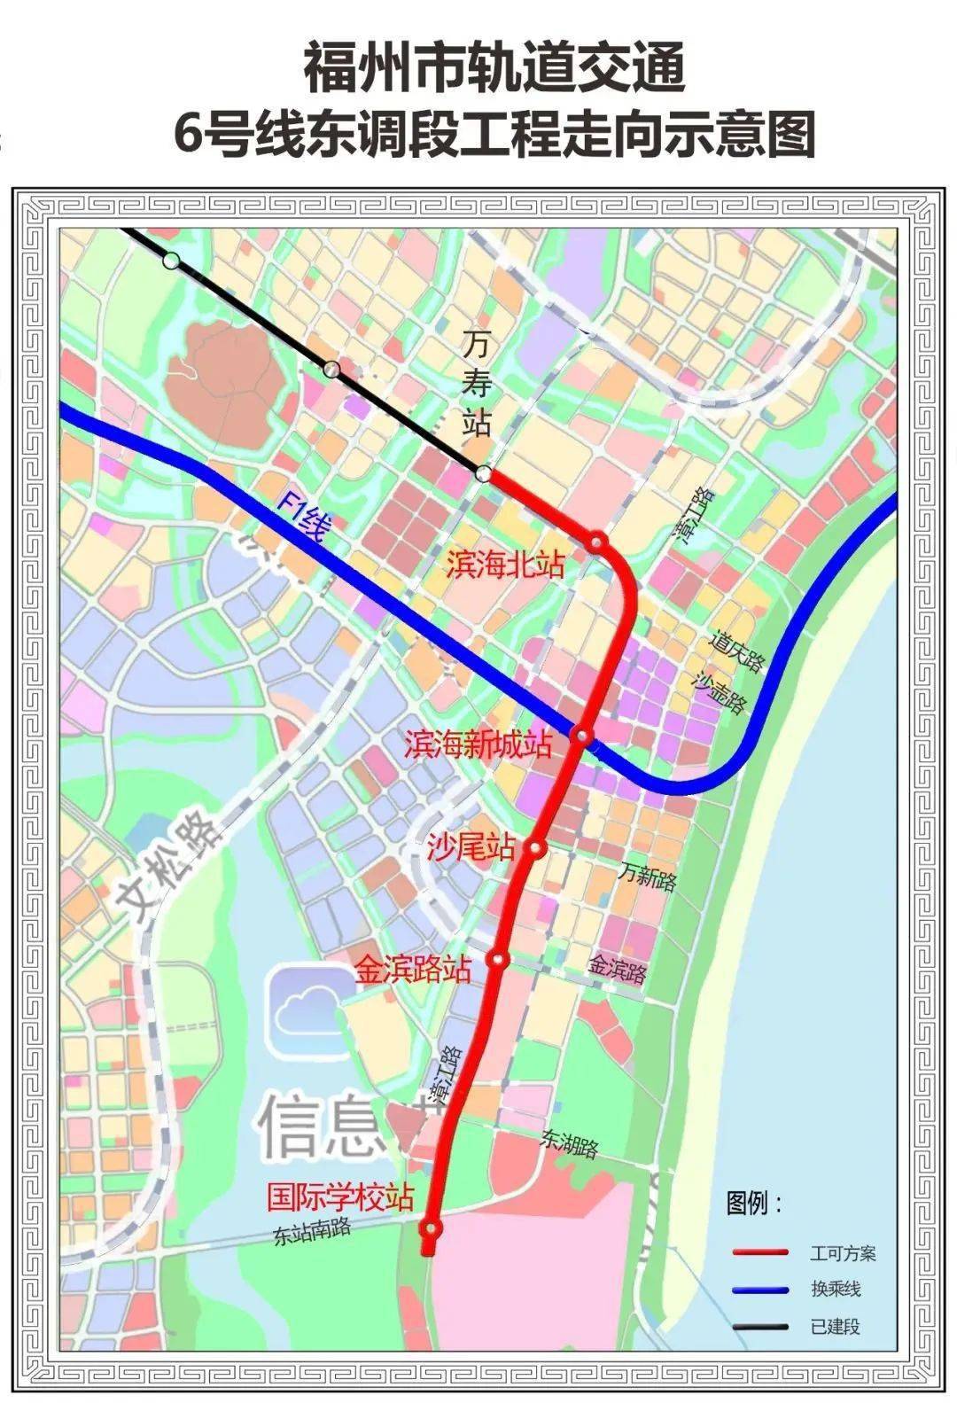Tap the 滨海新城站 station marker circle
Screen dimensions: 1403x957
point(582,735)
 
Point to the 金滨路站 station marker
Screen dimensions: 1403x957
point(498,960)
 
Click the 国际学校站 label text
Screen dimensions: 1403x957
point(340,1198)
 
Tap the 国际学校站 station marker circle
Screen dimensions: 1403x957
point(432,1228)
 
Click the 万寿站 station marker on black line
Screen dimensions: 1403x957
point(483,474)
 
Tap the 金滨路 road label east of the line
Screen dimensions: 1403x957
point(618,969)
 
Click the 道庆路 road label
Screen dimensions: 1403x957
point(736,651)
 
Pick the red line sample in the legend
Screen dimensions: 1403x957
point(760,1252)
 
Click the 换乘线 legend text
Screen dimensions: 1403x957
point(835,1289)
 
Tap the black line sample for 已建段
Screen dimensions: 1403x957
point(760,1326)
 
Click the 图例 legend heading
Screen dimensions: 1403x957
point(753,1204)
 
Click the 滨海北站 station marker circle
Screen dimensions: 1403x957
point(599,542)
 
